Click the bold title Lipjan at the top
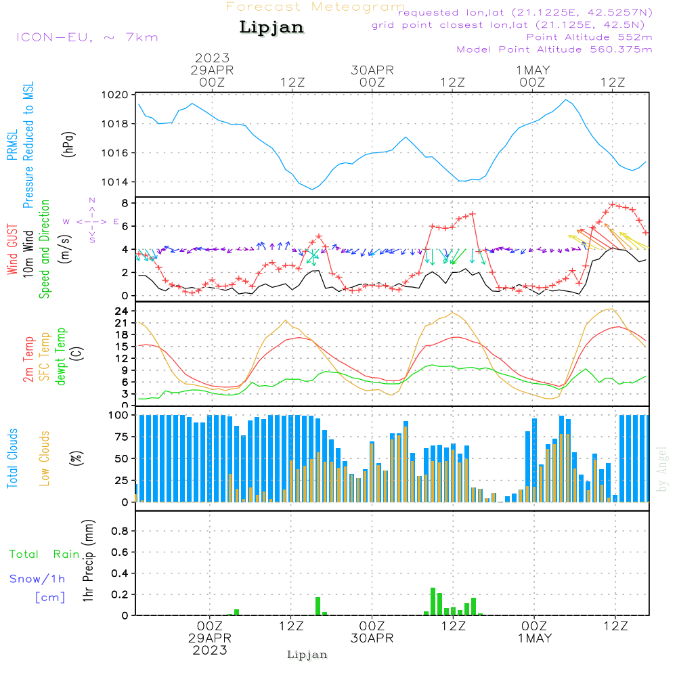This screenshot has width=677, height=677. pos(271,28)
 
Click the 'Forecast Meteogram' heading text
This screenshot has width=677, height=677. pos(315,7)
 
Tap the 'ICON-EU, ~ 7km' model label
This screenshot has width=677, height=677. pos(87,37)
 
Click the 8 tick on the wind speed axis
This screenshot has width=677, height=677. pos(125,203)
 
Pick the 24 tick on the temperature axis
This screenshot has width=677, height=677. pos(122,311)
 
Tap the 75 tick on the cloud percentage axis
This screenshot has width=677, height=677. pos(120,437)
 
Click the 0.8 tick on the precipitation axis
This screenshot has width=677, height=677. pos(120,531)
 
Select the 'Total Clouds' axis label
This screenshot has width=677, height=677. pos(12,458)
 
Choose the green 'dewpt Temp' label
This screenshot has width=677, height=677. pos(62,356)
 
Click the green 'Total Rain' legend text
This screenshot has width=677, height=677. pos(45,554)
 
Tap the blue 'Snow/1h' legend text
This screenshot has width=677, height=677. pos(37,579)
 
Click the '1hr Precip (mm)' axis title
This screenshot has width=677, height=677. pos(88,561)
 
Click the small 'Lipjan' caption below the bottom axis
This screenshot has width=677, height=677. pos(307,655)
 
